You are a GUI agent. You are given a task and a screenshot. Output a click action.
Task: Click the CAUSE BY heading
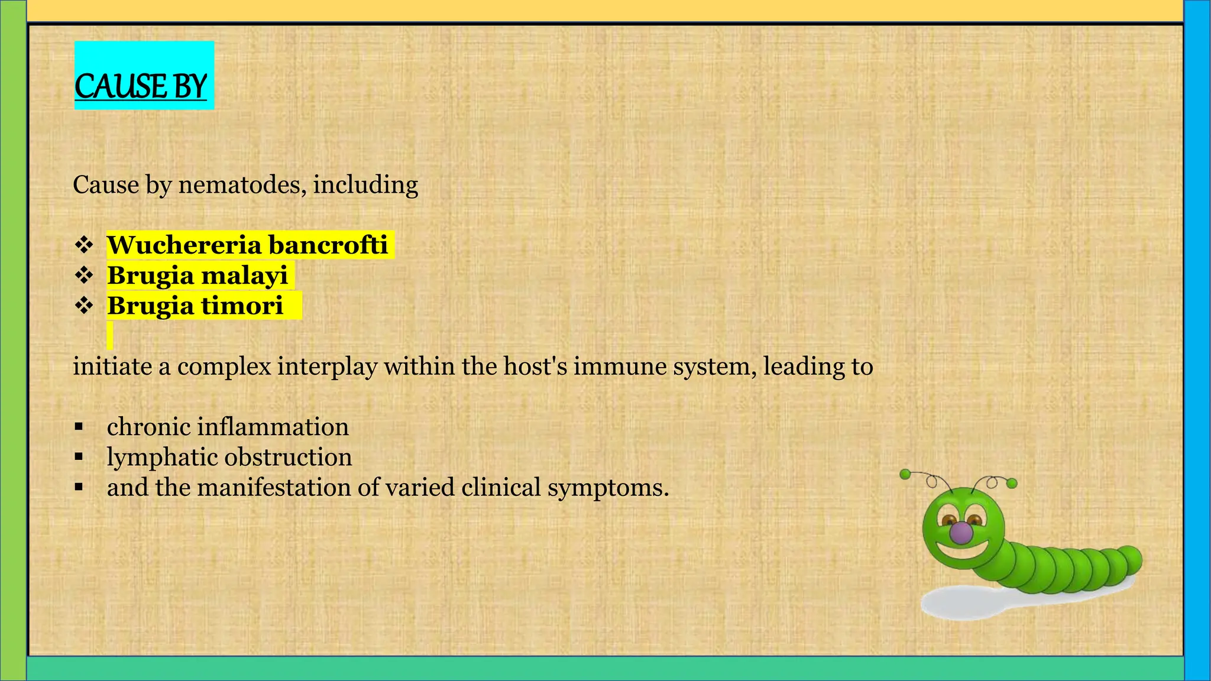point(141,86)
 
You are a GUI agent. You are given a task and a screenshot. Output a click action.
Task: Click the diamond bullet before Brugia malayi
point(84,275)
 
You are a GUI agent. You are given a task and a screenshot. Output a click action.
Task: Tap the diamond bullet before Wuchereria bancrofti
point(84,244)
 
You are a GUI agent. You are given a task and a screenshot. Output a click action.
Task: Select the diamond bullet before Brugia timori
point(84,306)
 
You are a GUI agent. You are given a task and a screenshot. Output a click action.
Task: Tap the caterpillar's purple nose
point(961,533)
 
